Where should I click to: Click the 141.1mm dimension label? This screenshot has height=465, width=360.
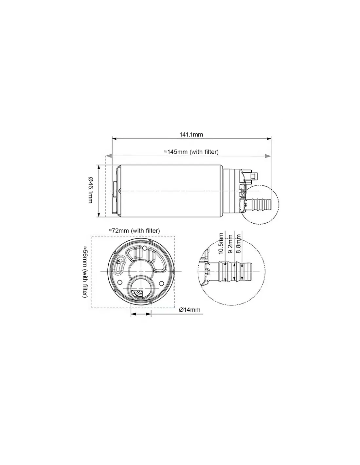[x=191, y=135]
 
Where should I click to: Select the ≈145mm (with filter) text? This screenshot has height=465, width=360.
[x=191, y=152]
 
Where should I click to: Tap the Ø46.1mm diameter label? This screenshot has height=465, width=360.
[x=90, y=190]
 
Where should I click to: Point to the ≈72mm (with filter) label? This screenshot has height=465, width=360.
[x=134, y=231]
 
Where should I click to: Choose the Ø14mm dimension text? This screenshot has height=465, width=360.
[x=190, y=310]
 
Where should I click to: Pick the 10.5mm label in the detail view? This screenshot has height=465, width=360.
[x=221, y=244]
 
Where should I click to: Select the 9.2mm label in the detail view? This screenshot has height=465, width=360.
[x=230, y=244]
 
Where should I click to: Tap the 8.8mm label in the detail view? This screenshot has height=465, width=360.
[x=239, y=244]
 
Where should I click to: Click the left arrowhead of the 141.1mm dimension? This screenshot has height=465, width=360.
[x=114, y=139]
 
